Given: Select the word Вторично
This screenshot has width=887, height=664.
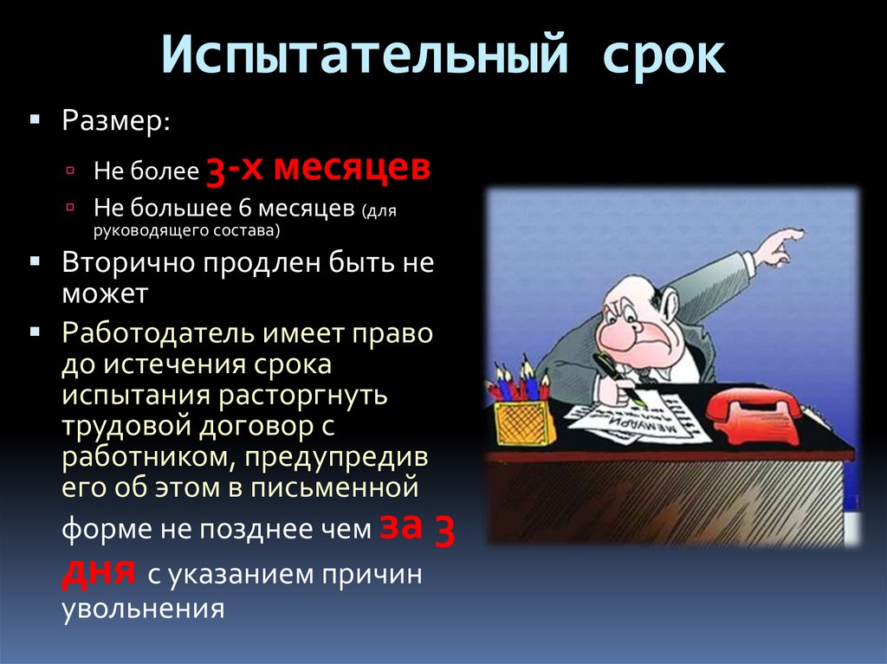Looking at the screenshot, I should (x=129, y=261).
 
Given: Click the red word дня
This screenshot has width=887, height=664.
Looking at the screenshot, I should (x=97, y=571).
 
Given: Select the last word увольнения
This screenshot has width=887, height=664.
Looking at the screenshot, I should (x=143, y=608).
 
